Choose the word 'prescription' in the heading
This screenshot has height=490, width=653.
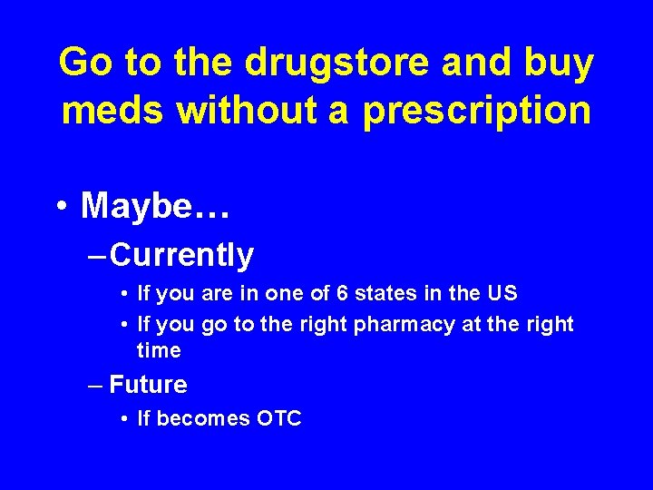point(477,113)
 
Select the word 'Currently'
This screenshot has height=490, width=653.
point(181,255)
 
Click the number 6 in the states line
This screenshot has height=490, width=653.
point(342,293)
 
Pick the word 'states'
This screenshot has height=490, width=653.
point(385,293)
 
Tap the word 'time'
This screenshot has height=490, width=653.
point(159,350)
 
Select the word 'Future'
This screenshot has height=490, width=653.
point(148,384)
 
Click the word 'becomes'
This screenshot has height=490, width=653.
point(203,418)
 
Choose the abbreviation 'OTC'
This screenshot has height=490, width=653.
point(278,418)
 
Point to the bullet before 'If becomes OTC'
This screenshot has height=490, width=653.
point(124,418)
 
